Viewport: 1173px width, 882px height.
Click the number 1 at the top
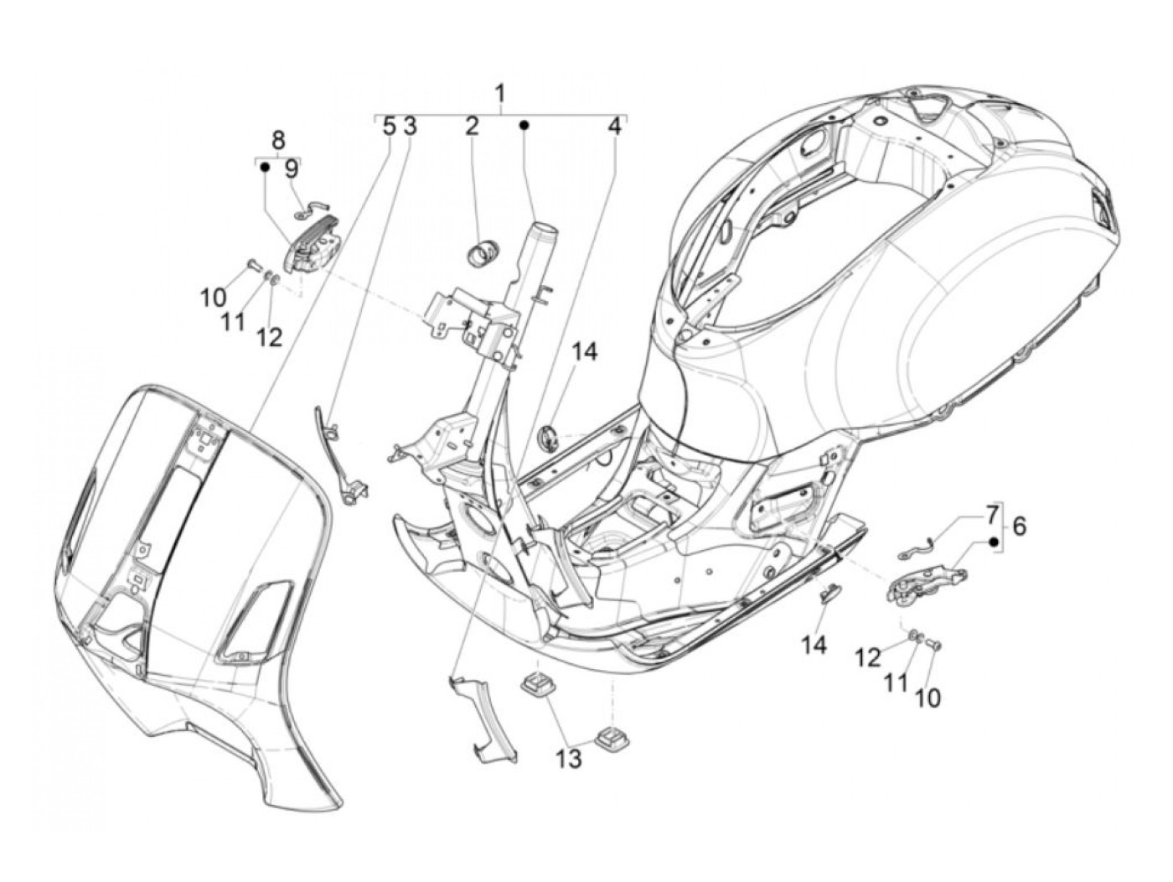coord(500,93)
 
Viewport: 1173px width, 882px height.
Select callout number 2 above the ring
coord(473,126)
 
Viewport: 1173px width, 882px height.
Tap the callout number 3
coord(409,126)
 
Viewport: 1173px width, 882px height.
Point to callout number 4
coord(615,126)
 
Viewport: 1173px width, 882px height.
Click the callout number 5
coord(388,126)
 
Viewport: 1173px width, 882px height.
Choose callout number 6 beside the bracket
coord(1019,527)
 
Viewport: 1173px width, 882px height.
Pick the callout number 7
coord(992,511)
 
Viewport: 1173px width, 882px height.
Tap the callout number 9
coord(291,169)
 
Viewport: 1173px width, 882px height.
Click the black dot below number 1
coord(524,125)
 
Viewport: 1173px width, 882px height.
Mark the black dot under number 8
coord(264,168)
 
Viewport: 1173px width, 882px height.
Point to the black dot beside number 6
coord(995,542)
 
